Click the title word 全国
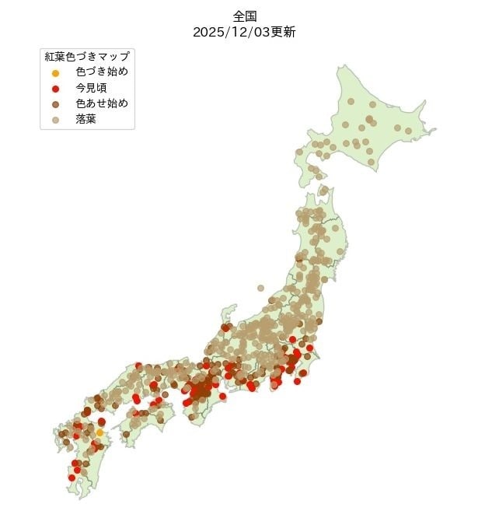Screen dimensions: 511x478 click(x=243, y=16)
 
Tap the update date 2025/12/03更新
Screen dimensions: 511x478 click(x=243, y=33)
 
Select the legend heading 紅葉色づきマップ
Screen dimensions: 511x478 click(x=86, y=57)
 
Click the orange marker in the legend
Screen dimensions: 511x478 click(x=55, y=72)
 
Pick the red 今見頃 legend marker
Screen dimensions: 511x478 click(x=55, y=89)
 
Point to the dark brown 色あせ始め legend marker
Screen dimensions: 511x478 click(x=55, y=104)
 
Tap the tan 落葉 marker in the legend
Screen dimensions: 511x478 click(x=55, y=120)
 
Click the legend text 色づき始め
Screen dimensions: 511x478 click(x=102, y=72)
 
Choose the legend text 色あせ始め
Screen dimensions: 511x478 click(x=102, y=104)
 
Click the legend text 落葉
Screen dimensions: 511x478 click(x=85, y=120)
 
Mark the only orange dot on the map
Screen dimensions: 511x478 click(x=99, y=432)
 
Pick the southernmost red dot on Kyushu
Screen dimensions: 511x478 click(x=72, y=478)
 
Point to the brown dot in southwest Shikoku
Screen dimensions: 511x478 click(x=126, y=434)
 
